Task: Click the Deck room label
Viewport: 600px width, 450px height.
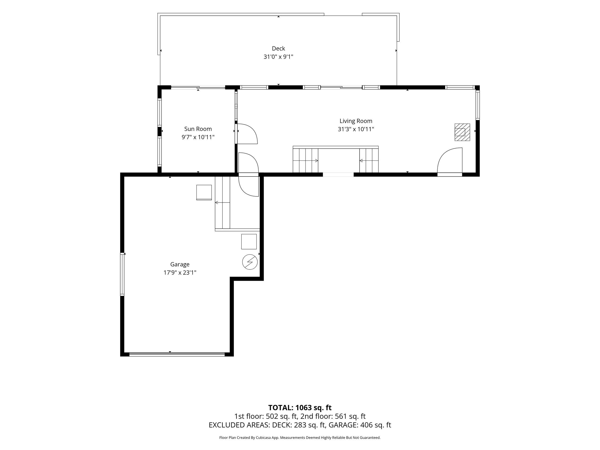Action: click(x=278, y=48)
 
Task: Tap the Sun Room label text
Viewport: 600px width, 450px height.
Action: click(x=198, y=129)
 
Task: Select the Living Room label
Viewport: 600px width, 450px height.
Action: click(x=356, y=121)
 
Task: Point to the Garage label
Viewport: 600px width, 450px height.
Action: click(x=180, y=264)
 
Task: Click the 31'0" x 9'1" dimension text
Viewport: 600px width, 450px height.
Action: click(x=278, y=57)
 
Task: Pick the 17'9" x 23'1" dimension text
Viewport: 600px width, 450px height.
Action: click(x=180, y=273)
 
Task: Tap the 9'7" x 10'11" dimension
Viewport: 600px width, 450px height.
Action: click(x=198, y=137)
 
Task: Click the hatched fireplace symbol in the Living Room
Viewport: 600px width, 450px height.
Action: click(x=462, y=132)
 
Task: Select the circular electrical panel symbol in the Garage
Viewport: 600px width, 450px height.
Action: click(x=250, y=262)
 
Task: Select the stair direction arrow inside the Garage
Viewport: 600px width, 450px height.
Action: click(x=222, y=202)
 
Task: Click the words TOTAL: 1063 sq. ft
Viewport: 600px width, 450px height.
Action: click(x=300, y=408)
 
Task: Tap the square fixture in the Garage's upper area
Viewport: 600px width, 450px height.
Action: click(x=204, y=193)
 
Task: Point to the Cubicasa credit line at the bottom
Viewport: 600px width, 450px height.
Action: click(x=300, y=438)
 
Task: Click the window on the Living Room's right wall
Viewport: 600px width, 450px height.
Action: click(x=478, y=105)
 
